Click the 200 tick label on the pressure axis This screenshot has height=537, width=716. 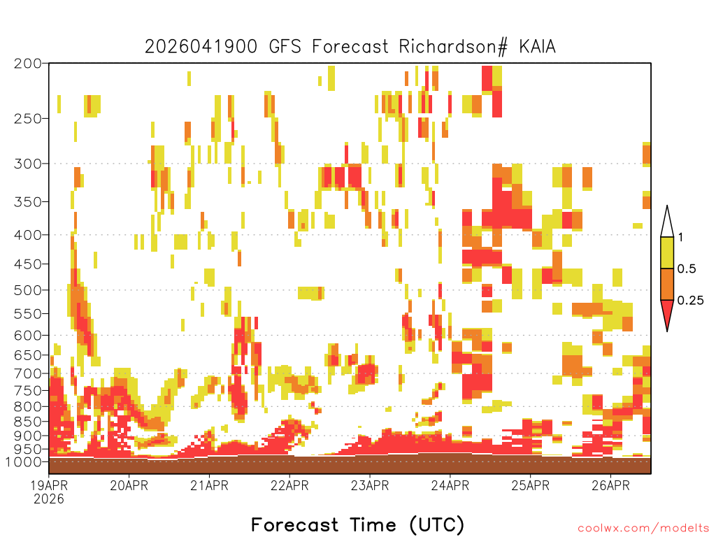(28, 64)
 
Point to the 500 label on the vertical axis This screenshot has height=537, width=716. (28, 290)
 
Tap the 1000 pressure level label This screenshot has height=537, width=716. (24, 462)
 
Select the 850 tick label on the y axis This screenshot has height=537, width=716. (28, 422)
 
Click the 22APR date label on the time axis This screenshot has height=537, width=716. (289, 485)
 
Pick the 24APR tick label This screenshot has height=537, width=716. (450, 485)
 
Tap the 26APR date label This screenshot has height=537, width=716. (610, 485)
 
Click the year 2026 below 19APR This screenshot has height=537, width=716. (49, 499)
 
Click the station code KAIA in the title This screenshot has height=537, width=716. (538, 47)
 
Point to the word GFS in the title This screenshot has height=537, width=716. (285, 47)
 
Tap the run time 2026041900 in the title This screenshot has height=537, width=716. (201, 47)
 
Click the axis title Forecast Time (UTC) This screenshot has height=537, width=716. (357, 524)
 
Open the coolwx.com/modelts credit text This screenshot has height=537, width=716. (644, 529)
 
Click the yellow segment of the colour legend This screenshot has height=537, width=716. (667, 252)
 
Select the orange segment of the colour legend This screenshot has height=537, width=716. (667, 284)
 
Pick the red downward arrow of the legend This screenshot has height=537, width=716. (667, 314)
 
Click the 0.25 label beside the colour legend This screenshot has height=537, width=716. (690, 301)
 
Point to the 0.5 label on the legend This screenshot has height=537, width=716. (687, 269)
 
